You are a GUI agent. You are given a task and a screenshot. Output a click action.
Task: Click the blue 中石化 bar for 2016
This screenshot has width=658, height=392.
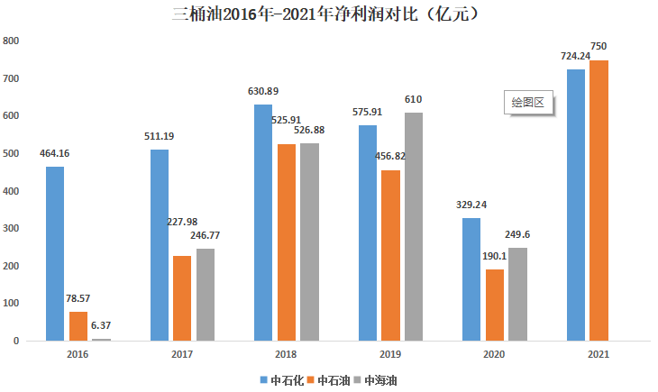tap(55, 254)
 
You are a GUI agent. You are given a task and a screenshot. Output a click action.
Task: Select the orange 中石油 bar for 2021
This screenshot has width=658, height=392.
tap(599, 201)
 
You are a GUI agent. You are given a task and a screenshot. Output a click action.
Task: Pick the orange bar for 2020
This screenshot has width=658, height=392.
tap(495, 305)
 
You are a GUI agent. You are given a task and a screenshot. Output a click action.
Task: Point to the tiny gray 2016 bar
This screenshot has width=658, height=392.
tap(101, 340)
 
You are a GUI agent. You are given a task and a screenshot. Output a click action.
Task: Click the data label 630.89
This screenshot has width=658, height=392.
tap(263, 91)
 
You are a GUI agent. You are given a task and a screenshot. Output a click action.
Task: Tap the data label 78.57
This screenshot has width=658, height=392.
tap(78, 298)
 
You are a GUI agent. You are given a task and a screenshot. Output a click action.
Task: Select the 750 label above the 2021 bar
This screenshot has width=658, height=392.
tap(599, 46)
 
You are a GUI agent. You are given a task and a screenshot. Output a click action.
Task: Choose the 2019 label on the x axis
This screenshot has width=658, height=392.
tap(390, 354)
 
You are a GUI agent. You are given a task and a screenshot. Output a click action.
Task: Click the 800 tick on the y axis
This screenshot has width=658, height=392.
tap(11, 41)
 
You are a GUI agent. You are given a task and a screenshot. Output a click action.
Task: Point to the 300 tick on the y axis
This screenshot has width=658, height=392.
tap(11, 229)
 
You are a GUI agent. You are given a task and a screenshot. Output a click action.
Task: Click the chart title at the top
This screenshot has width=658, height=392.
tap(329, 14)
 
